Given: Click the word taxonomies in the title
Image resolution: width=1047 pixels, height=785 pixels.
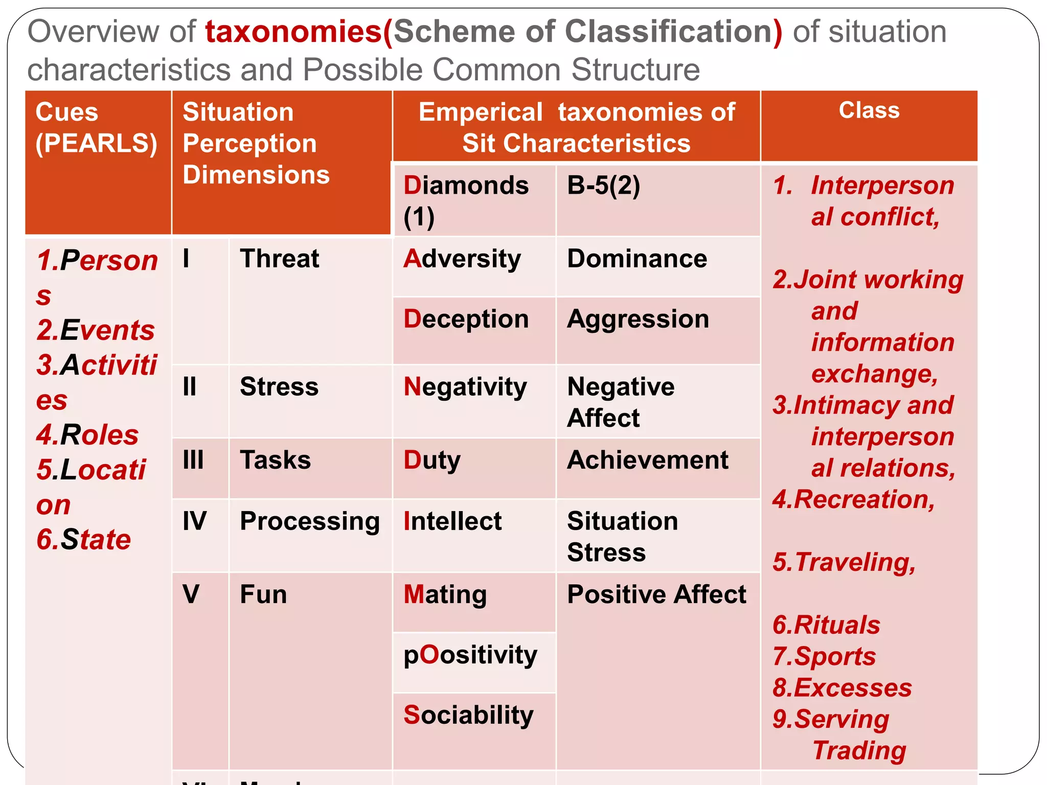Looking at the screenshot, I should point(293,32).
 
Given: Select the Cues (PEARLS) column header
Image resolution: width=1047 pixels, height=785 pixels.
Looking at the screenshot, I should point(96,128).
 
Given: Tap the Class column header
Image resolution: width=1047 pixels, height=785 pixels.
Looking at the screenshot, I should point(869,110).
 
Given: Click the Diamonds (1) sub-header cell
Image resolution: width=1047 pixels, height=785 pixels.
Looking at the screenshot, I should point(466,200).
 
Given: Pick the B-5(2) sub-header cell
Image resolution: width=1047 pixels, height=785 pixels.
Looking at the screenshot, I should point(603,186).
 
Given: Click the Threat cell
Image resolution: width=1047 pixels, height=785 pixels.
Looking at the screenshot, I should point(280,259).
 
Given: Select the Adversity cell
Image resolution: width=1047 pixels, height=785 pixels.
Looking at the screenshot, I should point(462,259).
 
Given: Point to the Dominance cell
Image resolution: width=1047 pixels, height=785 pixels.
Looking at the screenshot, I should point(637,259).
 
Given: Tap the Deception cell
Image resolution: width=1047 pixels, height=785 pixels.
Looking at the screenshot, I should point(466,319).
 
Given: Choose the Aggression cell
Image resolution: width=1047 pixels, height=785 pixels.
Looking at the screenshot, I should point(638,319).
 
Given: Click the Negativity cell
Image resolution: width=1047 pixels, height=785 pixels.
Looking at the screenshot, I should point(465,387).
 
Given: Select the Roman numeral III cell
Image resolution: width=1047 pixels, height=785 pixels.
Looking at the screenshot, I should point(193,460).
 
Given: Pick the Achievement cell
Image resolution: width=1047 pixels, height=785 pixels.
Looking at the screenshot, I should point(648,460).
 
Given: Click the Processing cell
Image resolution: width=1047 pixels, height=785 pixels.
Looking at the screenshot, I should point(310,521).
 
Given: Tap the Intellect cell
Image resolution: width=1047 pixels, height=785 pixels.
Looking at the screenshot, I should point(452,521).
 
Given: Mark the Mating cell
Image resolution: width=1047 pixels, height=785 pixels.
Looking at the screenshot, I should point(445,595).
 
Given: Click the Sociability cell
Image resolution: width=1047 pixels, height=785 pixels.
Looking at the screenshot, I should point(468,715).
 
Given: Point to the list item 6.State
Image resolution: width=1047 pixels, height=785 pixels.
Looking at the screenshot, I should point(84,540).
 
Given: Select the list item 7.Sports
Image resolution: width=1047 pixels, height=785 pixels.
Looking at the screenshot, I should point(824,656).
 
